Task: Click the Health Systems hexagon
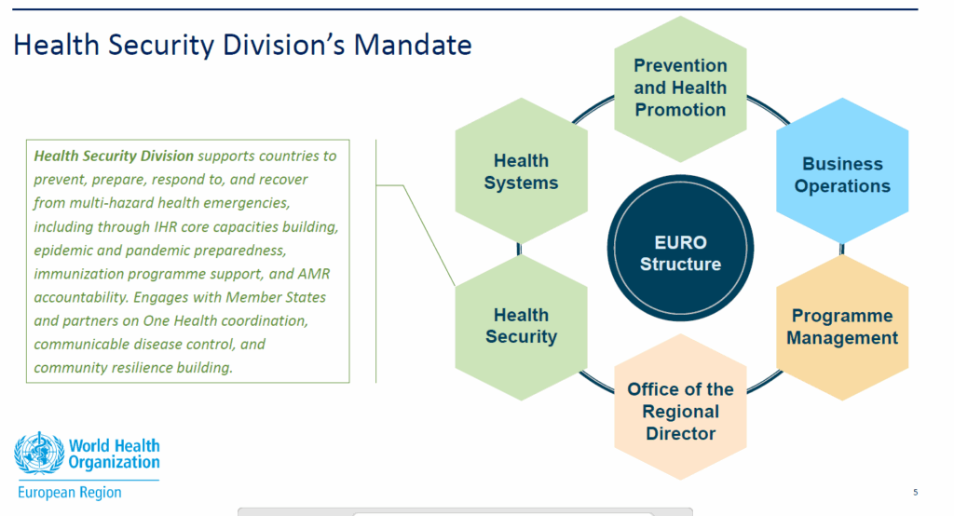(522, 171)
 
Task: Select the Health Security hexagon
(522, 327)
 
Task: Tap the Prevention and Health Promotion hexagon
(680, 88)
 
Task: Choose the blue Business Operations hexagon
(842, 171)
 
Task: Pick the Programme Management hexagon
(842, 327)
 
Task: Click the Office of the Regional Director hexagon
(680, 406)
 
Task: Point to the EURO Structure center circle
(680, 248)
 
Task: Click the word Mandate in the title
(413, 45)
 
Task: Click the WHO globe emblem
(39, 454)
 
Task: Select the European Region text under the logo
(69, 493)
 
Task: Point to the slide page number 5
(915, 493)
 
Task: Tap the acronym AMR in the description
(315, 274)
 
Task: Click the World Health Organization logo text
(114, 454)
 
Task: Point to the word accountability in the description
(81, 297)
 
